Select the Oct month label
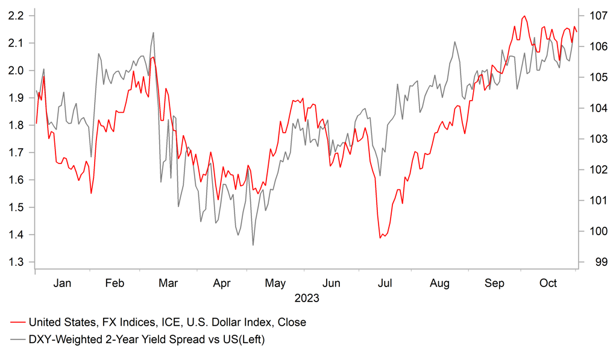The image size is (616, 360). point(548,283)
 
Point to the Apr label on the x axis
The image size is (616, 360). point(222,283)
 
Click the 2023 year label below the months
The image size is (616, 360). point(306,298)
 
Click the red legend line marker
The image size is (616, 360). point(18,323)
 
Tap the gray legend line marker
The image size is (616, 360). point(18,340)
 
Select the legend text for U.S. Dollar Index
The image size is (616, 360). point(167,323)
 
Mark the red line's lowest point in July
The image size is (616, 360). point(380,238)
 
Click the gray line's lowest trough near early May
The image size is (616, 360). point(253,245)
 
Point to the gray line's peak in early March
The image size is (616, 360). point(153,33)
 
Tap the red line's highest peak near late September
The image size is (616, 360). point(524,16)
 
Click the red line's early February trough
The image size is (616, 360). point(91,193)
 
